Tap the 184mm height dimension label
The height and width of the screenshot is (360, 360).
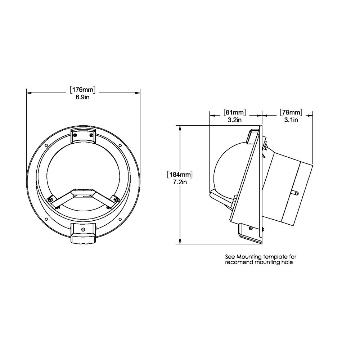180,175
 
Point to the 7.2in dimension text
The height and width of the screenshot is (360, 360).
180,182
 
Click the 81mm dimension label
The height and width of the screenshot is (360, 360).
234,112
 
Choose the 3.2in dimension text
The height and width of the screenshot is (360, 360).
234,120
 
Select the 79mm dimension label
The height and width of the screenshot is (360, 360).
291,112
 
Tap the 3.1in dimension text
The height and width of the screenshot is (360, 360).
291,120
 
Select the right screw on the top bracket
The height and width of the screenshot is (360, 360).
91,135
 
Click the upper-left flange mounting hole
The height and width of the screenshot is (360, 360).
46,145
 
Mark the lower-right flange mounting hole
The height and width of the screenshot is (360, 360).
120,219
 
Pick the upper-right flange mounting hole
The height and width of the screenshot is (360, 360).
120,145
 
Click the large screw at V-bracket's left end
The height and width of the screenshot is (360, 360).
51,198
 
